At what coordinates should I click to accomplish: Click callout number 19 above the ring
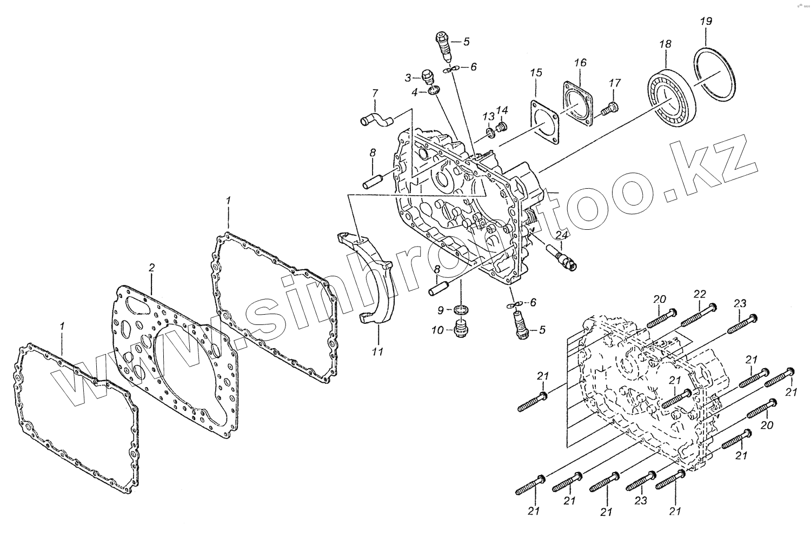pyautogui.click(x=706, y=22)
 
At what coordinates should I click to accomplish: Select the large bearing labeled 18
pyautogui.click(x=670, y=97)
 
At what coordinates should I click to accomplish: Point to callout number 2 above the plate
pyautogui.click(x=152, y=268)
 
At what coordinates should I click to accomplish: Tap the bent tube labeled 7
pyautogui.click(x=375, y=117)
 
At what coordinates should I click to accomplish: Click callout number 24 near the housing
pyautogui.click(x=562, y=235)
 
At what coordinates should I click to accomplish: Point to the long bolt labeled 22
pyautogui.click(x=698, y=314)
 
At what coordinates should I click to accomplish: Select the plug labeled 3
pyautogui.click(x=427, y=76)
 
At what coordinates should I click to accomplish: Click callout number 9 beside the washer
pyautogui.click(x=441, y=310)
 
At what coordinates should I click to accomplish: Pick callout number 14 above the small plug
pyautogui.click(x=502, y=111)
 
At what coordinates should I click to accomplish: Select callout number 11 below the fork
pyautogui.click(x=377, y=351)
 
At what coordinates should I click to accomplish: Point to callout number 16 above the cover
pyautogui.click(x=580, y=63)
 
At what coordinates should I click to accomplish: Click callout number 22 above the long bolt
pyautogui.click(x=700, y=294)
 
